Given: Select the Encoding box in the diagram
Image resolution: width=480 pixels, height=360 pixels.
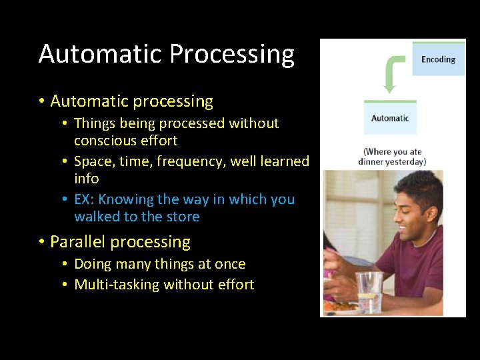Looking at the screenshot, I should [x=438, y=59].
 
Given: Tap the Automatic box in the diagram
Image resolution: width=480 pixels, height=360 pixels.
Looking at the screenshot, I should [x=390, y=118].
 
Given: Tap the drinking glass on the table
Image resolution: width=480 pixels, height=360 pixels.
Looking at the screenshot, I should [x=369, y=290].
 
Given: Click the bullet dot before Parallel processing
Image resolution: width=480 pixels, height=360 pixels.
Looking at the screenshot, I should [x=41, y=242].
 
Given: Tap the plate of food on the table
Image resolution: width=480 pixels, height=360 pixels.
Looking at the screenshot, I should [x=339, y=307].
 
